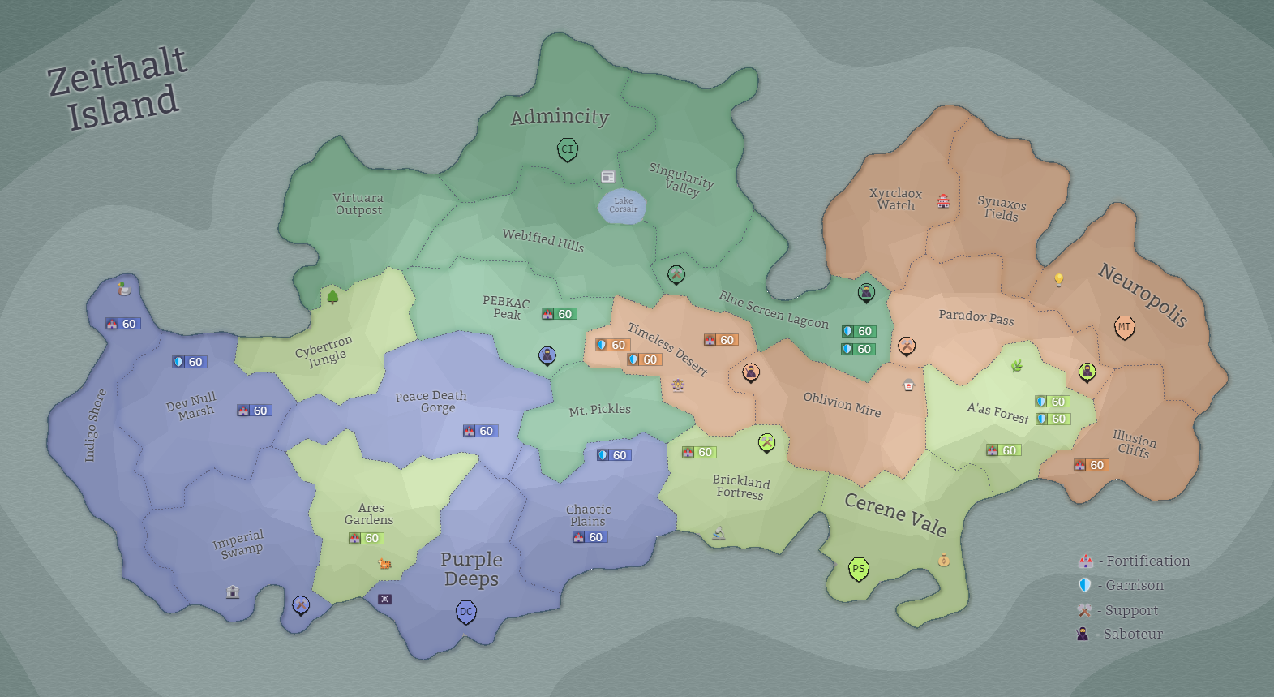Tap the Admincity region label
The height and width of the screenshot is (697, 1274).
click(x=560, y=117)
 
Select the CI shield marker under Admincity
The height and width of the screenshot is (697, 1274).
click(x=568, y=149)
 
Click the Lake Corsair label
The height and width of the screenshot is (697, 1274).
click(x=623, y=204)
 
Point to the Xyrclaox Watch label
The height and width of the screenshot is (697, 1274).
click(x=895, y=200)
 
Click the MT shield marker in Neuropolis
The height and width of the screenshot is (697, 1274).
click(x=1124, y=327)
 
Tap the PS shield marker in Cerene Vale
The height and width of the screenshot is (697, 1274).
click(x=858, y=569)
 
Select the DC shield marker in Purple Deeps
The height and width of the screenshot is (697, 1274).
click(x=465, y=612)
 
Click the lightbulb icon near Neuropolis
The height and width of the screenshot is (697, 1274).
click(x=1058, y=280)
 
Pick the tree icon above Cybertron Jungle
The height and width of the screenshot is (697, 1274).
click(x=332, y=297)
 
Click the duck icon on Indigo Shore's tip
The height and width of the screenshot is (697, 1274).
click(x=123, y=288)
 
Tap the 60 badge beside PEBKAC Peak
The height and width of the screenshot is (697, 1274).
click(x=559, y=314)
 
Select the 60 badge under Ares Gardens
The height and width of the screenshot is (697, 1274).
click(x=366, y=538)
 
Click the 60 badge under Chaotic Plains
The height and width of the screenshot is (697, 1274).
click(x=590, y=537)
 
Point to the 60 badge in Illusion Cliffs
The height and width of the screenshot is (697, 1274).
click(x=1091, y=465)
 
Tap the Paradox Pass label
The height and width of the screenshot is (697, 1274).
click(x=976, y=316)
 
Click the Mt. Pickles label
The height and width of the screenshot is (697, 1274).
click(x=599, y=410)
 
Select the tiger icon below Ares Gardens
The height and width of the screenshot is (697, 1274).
click(x=384, y=563)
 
